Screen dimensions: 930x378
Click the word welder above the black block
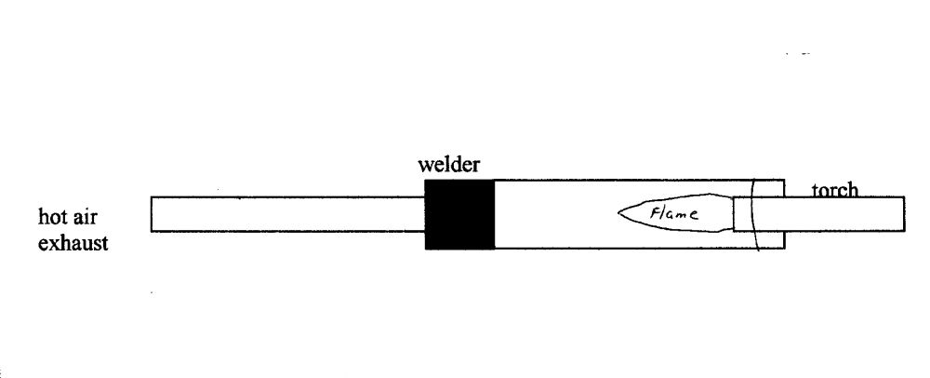pos(448,165)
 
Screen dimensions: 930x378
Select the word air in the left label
pos(86,217)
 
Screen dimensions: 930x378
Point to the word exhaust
pos(73,243)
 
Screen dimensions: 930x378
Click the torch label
pos(835,190)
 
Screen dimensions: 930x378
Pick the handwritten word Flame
pos(673,213)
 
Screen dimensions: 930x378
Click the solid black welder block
pos(459,214)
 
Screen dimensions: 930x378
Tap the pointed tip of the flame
pos(618,212)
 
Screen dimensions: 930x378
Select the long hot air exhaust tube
pos(288,214)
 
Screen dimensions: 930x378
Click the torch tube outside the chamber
pos(844,213)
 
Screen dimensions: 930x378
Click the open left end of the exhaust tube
pos(152,214)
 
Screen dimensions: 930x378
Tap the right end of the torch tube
pos(905,213)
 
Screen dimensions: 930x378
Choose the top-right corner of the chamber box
pos(785,180)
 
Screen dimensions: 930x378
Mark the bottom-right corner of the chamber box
pos(785,249)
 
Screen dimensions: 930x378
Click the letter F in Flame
pos(656,213)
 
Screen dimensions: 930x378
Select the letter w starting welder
pos(425,166)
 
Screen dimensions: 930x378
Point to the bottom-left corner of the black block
pos(425,250)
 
